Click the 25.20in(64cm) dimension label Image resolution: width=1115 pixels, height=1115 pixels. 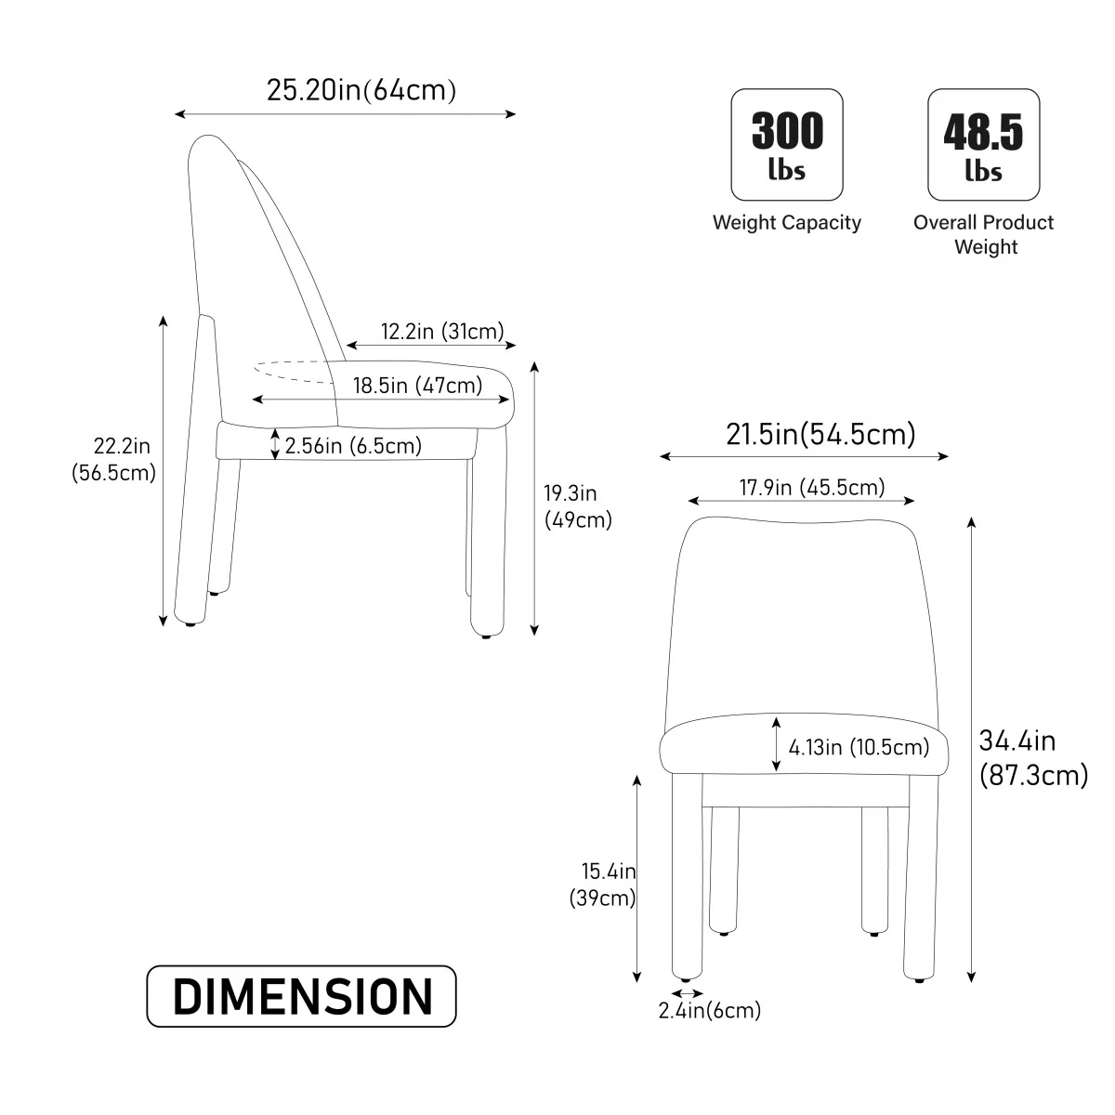(361, 90)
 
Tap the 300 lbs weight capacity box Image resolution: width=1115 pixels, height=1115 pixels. (787, 145)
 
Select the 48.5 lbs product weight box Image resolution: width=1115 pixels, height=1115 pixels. (984, 145)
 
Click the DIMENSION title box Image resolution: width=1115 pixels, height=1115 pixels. (301, 996)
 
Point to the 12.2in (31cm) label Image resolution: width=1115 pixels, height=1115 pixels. (442, 332)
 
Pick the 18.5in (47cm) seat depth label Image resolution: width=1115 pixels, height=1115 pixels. (417, 386)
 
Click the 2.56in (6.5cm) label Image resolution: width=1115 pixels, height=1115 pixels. (353, 446)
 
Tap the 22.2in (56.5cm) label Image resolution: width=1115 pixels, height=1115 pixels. (114, 459)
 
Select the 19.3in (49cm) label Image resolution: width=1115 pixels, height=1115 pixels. (577, 506)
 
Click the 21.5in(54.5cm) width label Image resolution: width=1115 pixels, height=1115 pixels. (820, 434)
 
